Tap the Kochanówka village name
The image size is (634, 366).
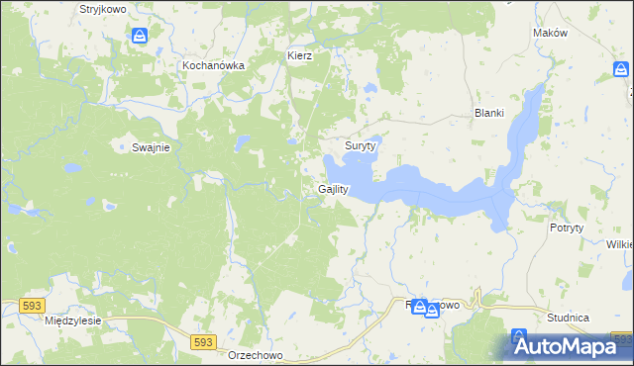tap(213, 65)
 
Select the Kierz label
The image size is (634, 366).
tap(299, 55)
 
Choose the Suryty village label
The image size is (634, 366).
tap(361, 145)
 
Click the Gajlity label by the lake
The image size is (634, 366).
tap(333, 189)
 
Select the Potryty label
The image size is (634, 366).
tap(567, 228)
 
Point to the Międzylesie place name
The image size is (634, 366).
tap(74, 321)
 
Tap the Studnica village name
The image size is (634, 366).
tap(569, 318)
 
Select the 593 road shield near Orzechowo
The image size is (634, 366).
tap(202, 341)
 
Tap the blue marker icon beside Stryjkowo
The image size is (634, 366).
tap(141, 37)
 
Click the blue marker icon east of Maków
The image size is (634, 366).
tap(620, 69)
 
